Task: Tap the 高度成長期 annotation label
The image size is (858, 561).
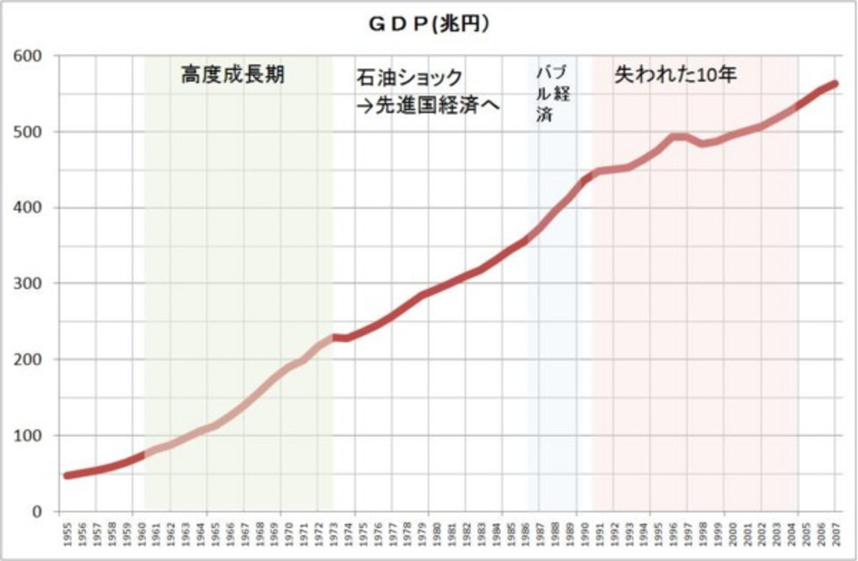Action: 232,75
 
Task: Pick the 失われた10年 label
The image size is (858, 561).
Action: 676,75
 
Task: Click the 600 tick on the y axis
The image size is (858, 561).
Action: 30,56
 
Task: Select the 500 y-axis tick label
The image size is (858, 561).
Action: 30,132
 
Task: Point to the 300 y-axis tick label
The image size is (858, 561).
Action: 30,283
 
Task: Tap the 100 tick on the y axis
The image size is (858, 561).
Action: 30,435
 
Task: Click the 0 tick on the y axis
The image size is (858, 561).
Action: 37,511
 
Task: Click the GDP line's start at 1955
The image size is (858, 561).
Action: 66,475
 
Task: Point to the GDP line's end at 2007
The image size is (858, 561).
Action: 834,84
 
